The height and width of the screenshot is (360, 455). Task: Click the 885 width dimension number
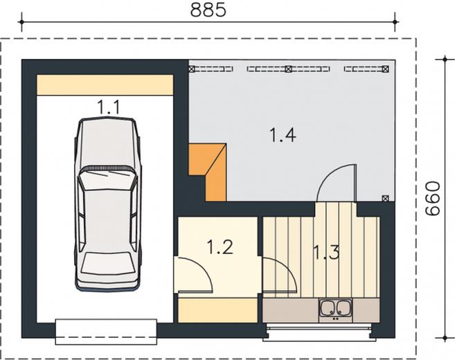coord(208,10)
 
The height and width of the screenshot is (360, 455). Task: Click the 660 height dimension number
coord(432,199)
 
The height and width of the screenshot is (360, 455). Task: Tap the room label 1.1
coord(108,107)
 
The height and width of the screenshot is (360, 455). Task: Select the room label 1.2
coord(220,247)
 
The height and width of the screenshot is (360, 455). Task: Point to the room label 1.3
coord(326,253)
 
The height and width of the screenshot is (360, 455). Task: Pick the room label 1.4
coord(283,135)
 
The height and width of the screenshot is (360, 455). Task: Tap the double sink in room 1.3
coord(335,310)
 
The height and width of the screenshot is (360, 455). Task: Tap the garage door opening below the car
coord(106,332)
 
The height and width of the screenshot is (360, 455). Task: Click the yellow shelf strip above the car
coord(105,84)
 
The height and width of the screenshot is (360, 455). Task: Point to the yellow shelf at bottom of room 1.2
coord(218,311)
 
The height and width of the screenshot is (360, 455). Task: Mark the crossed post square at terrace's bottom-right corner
coord(385,199)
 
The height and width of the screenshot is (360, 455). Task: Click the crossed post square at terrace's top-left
coord(192,69)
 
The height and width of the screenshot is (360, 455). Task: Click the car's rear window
coord(106,263)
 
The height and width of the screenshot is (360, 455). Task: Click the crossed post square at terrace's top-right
coord(385,69)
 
